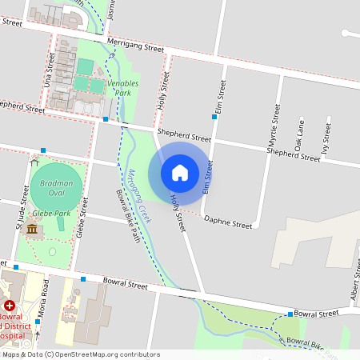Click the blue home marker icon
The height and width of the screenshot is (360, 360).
click(180, 172)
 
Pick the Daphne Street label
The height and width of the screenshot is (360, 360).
click(228, 222)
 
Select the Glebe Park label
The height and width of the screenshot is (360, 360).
click(51, 214)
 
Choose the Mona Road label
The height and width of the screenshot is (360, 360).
click(45, 300)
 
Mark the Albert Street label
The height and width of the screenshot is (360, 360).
click(355, 288)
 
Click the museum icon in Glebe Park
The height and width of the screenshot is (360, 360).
click(32, 230)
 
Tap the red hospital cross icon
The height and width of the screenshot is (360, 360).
click(9, 306)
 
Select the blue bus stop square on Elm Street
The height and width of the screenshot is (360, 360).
click(214, 117)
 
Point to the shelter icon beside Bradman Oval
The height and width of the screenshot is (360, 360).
click(34, 161)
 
